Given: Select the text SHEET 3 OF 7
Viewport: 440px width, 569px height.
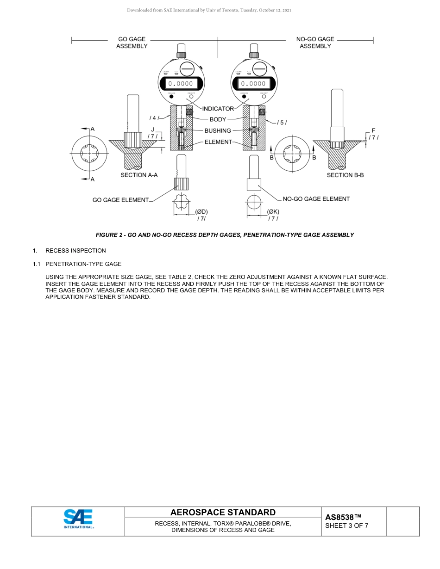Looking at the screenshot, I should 346,526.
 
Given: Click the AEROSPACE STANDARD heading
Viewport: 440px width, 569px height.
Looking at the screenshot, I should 223,512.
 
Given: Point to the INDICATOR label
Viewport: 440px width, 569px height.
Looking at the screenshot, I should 218,109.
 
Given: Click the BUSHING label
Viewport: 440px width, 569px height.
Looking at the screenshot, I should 218,131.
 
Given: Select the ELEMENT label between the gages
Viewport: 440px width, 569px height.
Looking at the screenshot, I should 218,142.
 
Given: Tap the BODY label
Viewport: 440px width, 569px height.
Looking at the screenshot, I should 218,120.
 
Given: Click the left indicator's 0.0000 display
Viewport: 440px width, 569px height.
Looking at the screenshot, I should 181,84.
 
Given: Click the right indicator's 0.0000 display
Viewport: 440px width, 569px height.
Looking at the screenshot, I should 254,84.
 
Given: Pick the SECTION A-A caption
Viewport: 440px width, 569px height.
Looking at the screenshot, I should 139,175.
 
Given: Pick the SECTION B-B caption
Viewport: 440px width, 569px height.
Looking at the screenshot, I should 345,175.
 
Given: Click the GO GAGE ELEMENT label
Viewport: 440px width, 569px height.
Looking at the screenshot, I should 121,200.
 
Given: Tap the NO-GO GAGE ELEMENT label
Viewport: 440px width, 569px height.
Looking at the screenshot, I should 316,199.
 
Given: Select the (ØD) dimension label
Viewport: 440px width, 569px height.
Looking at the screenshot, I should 201,212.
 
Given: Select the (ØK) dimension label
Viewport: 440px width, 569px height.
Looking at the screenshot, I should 273,212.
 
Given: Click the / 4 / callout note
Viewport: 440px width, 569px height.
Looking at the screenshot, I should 154,118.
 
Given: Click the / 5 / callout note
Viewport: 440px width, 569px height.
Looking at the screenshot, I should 282,123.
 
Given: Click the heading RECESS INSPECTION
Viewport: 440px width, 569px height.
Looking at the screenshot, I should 75,251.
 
